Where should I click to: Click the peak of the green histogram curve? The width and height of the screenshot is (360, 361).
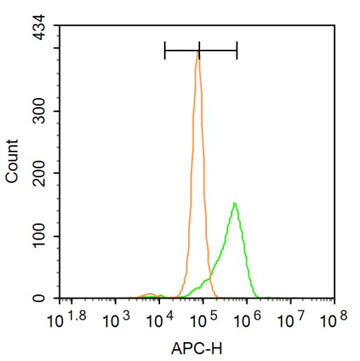[234, 204]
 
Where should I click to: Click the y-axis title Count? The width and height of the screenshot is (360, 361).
[13, 162]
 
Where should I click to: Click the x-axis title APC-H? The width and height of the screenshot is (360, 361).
[199, 347]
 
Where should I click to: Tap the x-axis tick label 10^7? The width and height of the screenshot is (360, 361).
[293, 320]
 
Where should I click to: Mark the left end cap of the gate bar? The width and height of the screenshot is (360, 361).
[165, 50]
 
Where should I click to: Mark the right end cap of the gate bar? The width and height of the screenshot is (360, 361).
[237, 50]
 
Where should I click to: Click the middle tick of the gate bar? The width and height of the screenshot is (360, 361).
[199, 50]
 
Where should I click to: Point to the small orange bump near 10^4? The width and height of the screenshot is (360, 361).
[149, 294]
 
